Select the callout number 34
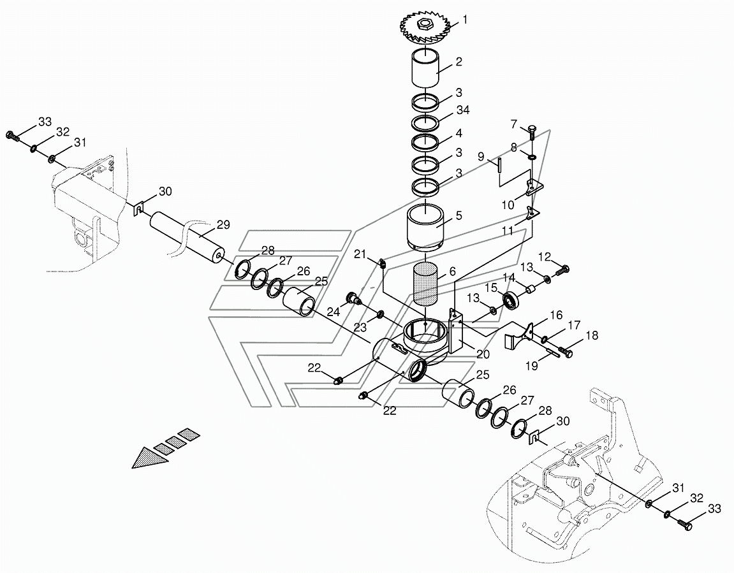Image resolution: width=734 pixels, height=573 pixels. pyautogui.click(x=462, y=110)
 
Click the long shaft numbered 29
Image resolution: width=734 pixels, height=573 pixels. pyautogui.click(x=186, y=238)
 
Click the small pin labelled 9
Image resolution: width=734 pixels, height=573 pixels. pyautogui.click(x=500, y=165)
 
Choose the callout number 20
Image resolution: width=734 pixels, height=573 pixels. pyautogui.click(x=483, y=354)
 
